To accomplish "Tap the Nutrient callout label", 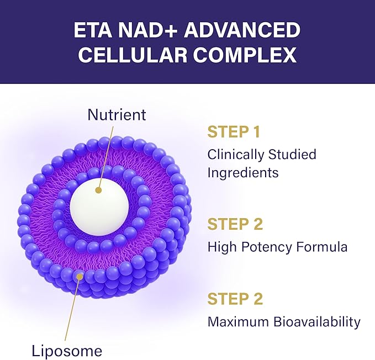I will [x=117, y=114].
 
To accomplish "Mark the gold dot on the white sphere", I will [x=98, y=190].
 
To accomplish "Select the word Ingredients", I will [x=243, y=173].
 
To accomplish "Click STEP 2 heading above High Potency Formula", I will [x=235, y=225].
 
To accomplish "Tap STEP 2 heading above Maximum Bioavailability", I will [x=235, y=299].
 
